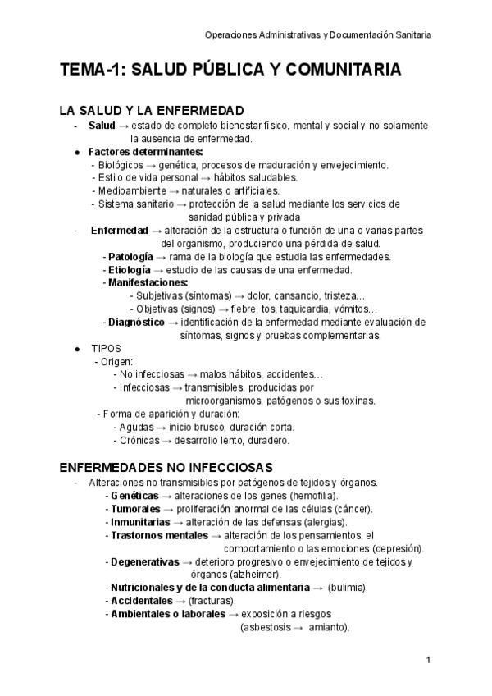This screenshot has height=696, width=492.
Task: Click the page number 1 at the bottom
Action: tap(429, 661)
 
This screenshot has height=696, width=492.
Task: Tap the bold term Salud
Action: tap(102, 126)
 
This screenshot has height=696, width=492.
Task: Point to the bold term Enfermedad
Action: tap(120, 231)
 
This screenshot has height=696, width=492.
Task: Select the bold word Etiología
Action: tap(130, 270)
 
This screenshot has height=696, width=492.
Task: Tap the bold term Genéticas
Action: tap(134, 497)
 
